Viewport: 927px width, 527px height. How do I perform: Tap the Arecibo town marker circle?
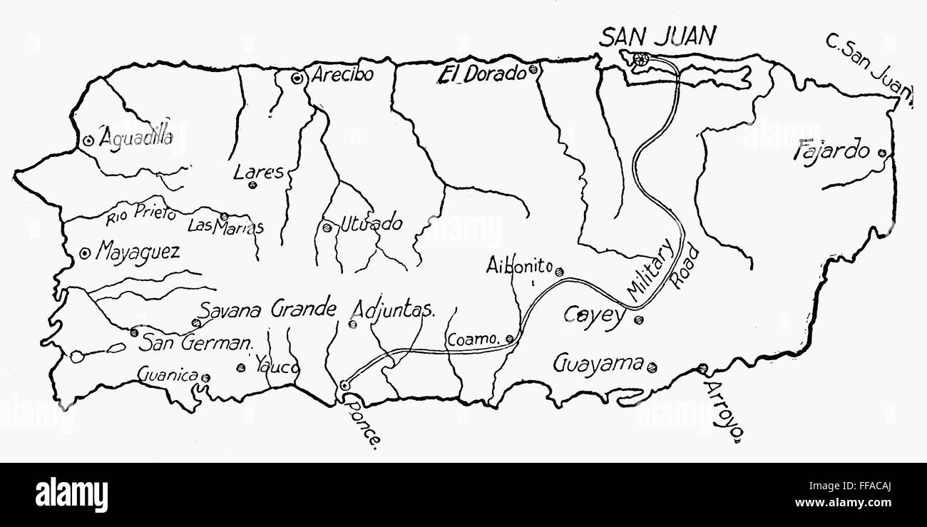pyautogui.click(x=297, y=78)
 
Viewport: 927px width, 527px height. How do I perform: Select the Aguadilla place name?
pyautogui.click(x=135, y=138)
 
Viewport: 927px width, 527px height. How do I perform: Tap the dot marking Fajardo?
pyautogui.click(x=882, y=152)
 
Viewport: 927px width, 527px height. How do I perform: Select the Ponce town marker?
pyautogui.click(x=345, y=385)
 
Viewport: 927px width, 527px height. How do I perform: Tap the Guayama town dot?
pyautogui.click(x=652, y=367)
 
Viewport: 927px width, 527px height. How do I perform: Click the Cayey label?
pyautogui.click(x=593, y=314)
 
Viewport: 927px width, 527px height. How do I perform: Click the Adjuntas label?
pyautogui.click(x=394, y=309)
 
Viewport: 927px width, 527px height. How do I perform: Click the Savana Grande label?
pyautogui.click(x=267, y=309)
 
